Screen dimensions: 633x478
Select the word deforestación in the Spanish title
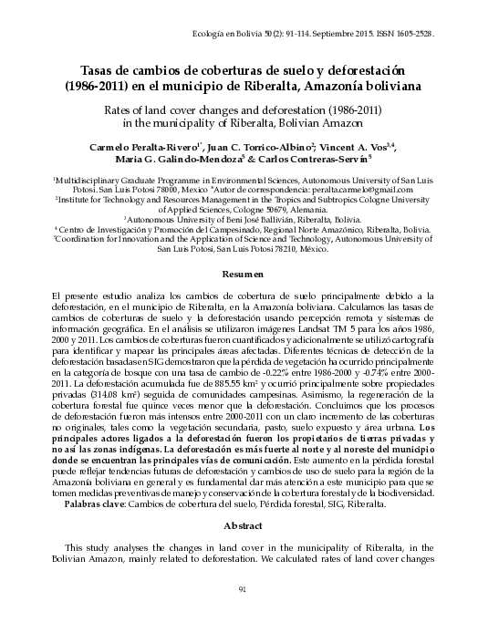click(358, 71)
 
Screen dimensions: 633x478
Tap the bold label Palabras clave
click(90, 503)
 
